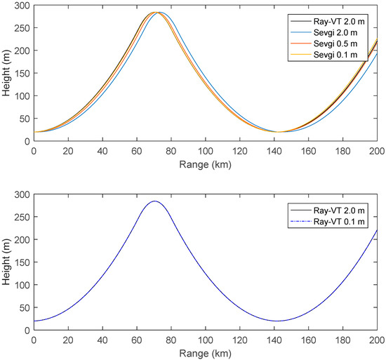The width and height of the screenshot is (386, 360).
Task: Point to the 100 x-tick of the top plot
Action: (205, 151)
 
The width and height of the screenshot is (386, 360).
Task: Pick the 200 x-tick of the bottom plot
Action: (377, 340)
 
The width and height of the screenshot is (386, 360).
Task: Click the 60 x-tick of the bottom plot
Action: (136, 340)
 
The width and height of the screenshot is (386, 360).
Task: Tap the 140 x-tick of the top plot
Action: (274, 151)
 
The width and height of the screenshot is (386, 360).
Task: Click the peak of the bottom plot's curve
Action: (154, 201)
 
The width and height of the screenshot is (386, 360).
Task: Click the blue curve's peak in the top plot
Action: (159, 13)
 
